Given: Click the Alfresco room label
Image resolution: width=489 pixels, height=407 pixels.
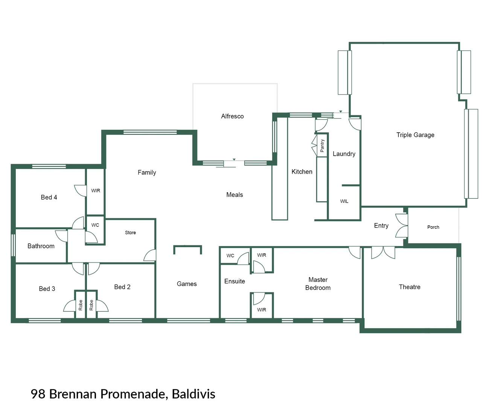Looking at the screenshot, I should click(232, 116).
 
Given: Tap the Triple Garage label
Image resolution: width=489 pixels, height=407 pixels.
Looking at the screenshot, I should click(415, 135).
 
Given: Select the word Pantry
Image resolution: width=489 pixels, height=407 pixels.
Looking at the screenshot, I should click(322, 145).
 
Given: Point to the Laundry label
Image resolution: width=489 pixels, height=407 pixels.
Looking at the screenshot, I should click(344, 154).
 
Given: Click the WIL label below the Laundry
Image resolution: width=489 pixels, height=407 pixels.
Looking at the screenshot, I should click(344, 201).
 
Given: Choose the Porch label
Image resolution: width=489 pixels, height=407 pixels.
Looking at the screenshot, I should click(433, 227).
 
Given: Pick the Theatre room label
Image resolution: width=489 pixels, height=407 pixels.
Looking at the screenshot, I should click(410, 287).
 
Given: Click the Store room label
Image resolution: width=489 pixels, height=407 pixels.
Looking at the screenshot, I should click(130, 233).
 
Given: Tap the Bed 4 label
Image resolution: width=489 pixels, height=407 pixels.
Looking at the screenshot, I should click(49, 197).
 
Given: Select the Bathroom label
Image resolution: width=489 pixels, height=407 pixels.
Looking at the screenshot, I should click(41, 246).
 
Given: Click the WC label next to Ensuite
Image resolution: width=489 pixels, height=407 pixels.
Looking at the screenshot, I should click(230, 256).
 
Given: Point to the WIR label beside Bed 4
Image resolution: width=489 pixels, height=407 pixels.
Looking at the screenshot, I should click(96, 191).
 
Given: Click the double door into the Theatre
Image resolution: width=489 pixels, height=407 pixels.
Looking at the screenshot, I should click(383, 252).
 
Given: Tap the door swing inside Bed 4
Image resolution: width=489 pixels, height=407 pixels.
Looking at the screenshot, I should click(80, 190).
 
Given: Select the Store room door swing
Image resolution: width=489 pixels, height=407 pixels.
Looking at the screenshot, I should click(150, 255).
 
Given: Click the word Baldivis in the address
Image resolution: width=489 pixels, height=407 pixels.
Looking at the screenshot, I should click(193, 394).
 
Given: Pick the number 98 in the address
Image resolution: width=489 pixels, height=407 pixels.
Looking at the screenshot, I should click(38, 394).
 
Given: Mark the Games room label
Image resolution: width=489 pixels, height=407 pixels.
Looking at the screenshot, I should click(187, 284).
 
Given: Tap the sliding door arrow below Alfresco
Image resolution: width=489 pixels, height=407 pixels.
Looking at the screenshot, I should click(234, 160).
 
